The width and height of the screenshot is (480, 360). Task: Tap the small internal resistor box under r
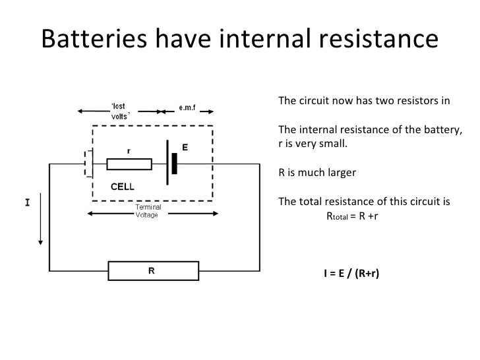click(129, 164)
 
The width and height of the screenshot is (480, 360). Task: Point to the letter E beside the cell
click(185, 148)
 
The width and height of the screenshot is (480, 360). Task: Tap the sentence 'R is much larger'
click(316, 173)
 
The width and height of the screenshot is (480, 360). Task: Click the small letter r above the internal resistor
click(128, 150)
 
